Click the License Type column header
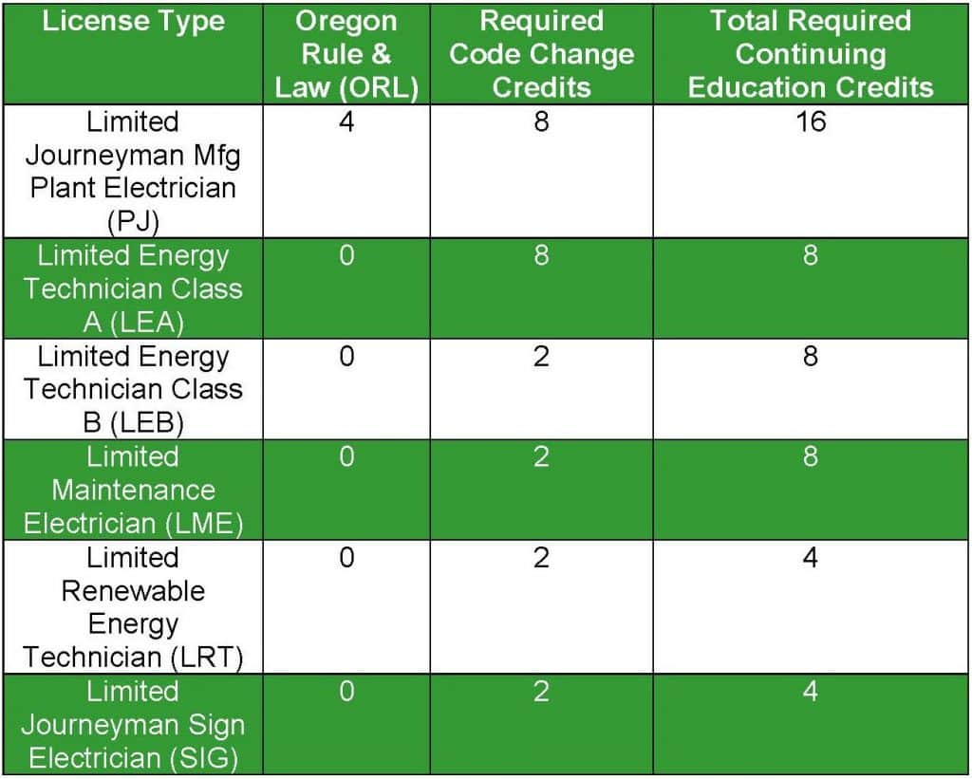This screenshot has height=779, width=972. [133, 22]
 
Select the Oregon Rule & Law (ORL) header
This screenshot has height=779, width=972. [346, 54]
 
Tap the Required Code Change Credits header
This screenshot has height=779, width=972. [541, 54]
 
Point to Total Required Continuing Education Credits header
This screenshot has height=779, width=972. [811, 54]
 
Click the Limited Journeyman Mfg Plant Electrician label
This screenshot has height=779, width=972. [133, 171]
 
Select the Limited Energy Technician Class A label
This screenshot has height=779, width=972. [133, 288]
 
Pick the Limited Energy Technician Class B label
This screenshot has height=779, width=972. [133, 389]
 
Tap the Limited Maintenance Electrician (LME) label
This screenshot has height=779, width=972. [133, 490]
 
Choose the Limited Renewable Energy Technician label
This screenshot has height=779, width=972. [133, 607]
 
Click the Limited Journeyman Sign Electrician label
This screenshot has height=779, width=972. [133, 725]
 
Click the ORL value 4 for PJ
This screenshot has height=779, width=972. [346, 121]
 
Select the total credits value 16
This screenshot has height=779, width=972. [811, 121]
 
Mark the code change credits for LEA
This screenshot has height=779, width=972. [541, 256]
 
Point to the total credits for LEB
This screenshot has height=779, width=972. [811, 357]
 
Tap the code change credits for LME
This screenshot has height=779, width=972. [541, 457]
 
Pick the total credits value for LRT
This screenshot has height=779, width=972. [811, 557]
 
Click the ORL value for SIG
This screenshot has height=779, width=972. [346, 692]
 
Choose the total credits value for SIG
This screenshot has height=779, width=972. [811, 692]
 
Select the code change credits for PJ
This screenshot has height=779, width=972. [541, 121]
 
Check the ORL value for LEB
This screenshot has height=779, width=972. [346, 357]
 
